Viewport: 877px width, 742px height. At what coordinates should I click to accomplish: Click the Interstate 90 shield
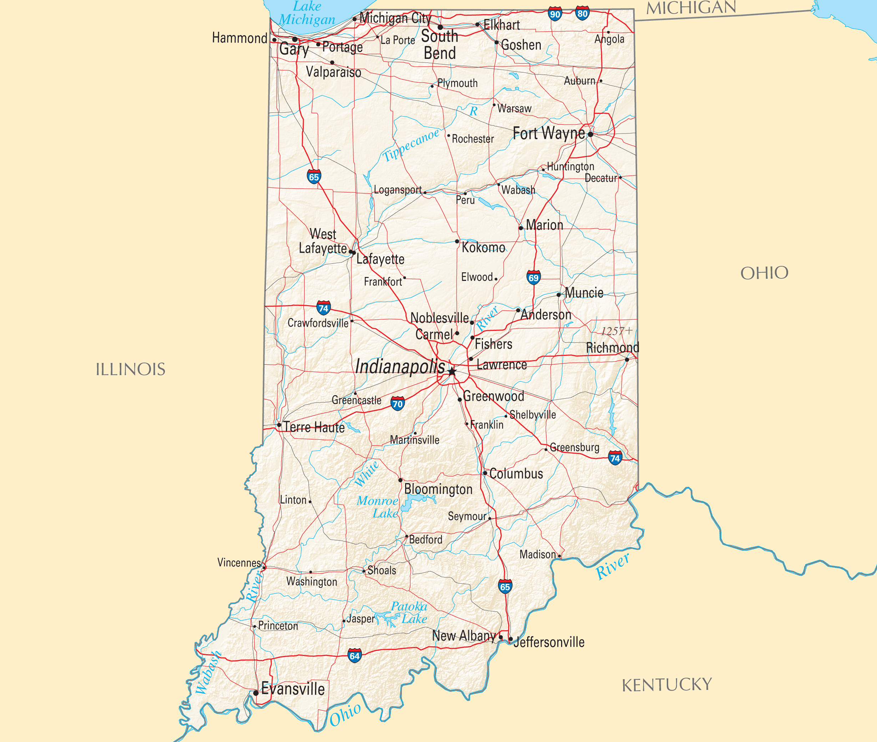point(555,14)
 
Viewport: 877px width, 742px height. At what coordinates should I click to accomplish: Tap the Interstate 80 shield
point(582,14)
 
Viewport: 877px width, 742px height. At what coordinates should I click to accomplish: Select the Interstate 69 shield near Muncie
point(533,278)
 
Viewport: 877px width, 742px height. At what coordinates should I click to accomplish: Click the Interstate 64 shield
point(354,656)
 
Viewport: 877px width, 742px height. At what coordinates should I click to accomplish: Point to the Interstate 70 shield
point(398,404)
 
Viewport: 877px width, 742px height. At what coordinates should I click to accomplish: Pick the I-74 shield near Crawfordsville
point(323,308)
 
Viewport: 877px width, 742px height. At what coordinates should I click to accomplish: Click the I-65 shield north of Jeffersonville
point(505,587)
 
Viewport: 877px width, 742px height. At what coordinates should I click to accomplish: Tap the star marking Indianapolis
point(452,372)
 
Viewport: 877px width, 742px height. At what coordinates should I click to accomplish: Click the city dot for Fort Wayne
point(590,134)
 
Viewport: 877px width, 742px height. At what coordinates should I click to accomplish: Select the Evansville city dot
point(256,693)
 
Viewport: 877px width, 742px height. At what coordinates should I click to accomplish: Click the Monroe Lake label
point(378,507)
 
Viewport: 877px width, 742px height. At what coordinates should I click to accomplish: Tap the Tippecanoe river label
point(410,146)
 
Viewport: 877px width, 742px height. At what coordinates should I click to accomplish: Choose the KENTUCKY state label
point(667,685)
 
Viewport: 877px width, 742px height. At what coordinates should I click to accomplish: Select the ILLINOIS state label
point(130,370)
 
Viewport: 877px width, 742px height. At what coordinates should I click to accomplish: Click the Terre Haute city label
point(314,427)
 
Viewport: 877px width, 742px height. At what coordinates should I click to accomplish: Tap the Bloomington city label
point(438,489)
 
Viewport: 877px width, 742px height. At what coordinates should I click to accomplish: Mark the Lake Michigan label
point(307,13)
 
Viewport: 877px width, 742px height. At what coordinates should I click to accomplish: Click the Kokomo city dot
point(457,241)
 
